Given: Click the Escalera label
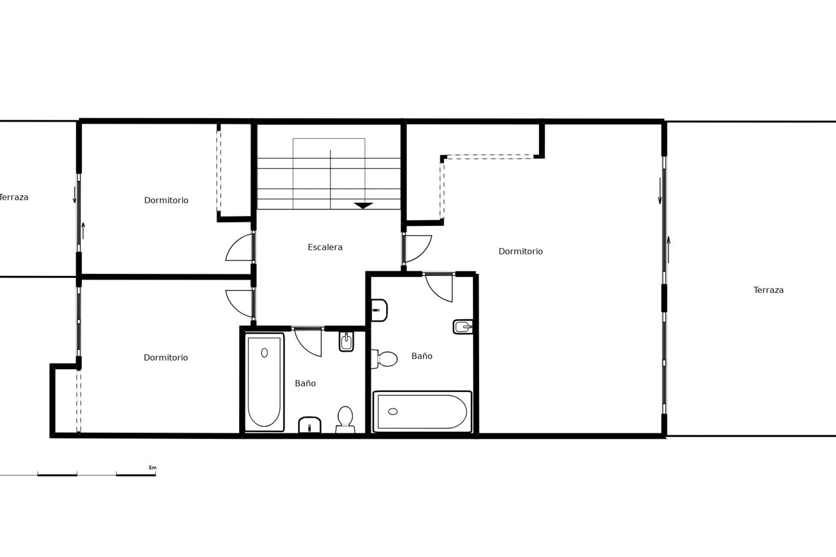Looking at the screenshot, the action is pyautogui.click(x=325, y=247).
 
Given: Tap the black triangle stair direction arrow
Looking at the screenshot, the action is pyautogui.click(x=363, y=205).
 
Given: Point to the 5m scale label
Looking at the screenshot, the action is pyautogui.click(x=152, y=468).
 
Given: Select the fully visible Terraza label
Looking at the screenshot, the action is pyautogui.click(x=769, y=290).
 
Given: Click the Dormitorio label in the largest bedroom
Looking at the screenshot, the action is pyautogui.click(x=520, y=251).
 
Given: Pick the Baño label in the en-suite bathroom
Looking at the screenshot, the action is pyautogui.click(x=421, y=356).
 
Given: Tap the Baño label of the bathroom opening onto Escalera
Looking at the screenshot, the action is pyautogui.click(x=305, y=383).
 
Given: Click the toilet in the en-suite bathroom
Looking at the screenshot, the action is pyautogui.click(x=384, y=359).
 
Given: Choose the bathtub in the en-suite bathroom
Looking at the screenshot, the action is pyautogui.click(x=422, y=411).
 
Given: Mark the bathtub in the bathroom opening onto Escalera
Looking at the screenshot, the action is pyautogui.click(x=264, y=382).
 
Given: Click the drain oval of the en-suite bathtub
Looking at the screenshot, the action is pyautogui.click(x=393, y=411).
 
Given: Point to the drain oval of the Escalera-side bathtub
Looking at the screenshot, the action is pyautogui.click(x=264, y=352).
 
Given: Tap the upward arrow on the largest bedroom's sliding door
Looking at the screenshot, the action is pyautogui.click(x=668, y=250).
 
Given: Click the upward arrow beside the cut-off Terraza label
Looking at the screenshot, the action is pyautogui.click(x=83, y=231).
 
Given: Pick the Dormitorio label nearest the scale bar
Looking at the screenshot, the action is pyautogui.click(x=165, y=357).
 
